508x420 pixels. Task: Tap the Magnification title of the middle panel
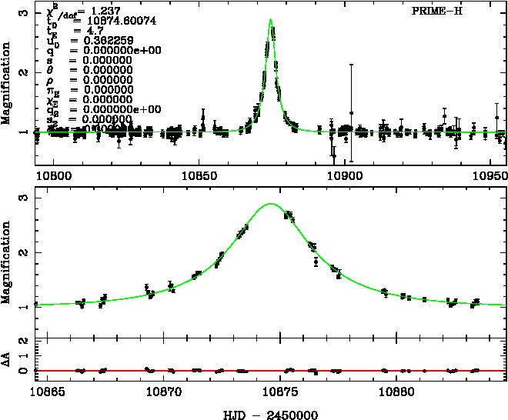[7, 259]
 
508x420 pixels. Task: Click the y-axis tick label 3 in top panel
[25, 13]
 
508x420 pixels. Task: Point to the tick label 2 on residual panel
[25, 339]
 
